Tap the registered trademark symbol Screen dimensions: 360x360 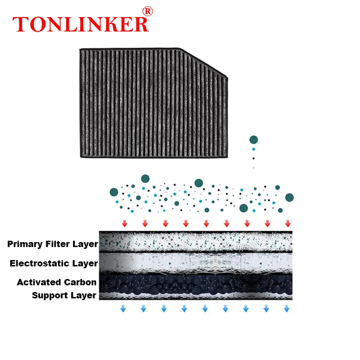[x=147, y=11]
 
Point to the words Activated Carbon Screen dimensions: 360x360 [x=57, y=282]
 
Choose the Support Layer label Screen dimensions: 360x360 [x=64, y=295]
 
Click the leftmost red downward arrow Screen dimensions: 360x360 [x=125, y=224]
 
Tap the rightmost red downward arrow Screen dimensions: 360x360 [x=288, y=224]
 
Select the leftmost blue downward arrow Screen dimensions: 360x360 [x=123, y=309]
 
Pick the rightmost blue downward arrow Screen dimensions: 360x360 [x=286, y=309]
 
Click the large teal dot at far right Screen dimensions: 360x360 [x=289, y=197]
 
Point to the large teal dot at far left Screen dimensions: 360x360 [x=114, y=192]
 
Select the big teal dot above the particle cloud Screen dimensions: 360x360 [x=254, y=140]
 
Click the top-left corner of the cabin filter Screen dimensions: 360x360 [x=81, y=50]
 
